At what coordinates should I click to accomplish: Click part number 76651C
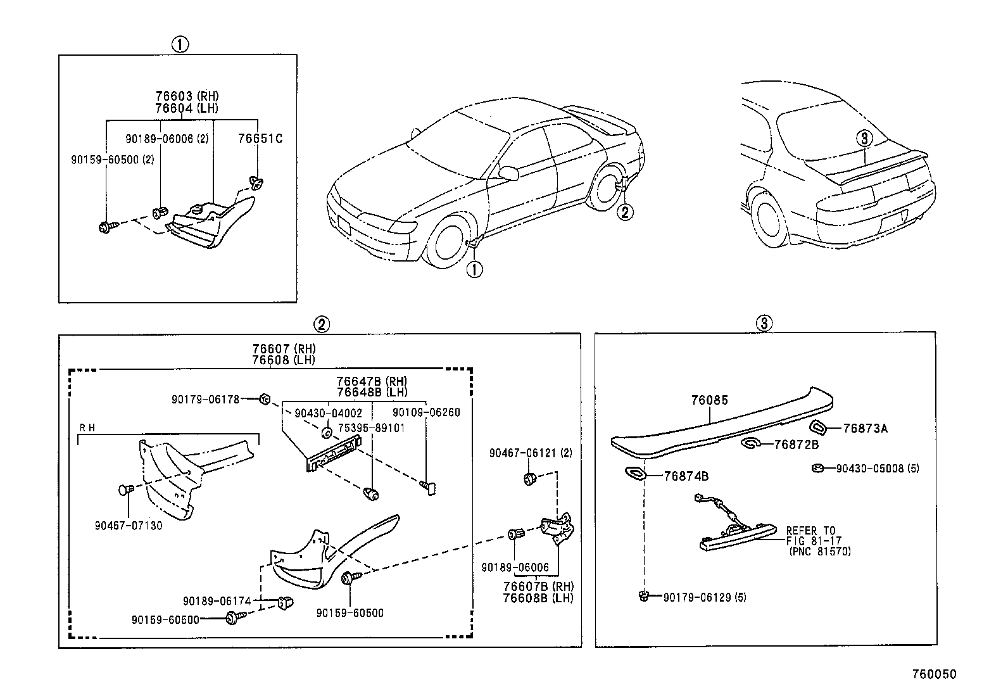(x=260, y=139)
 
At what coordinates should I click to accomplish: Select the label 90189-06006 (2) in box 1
(x=167, y=139)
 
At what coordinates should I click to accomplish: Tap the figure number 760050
(x=934, y=674)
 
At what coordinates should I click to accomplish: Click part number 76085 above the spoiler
(x=709, y=400)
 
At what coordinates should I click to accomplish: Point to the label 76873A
(x=865, y=429)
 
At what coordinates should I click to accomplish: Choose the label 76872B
(x=796, y=445)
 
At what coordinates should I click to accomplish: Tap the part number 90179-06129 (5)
(x=704, y=597)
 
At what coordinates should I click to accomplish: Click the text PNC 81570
(x=820, y=552)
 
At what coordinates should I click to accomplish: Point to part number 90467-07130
(x=129, y=526)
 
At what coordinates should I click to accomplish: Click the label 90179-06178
(x=205, y=399)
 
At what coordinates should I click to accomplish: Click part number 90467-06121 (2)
(x=530, y=453)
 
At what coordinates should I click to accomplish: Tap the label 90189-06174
(x=217, y=600)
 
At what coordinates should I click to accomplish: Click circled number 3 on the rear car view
(x=865, y=137)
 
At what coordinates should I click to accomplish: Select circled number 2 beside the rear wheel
(x=624, y=212)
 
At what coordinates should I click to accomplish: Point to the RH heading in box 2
(x=87, y=427)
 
